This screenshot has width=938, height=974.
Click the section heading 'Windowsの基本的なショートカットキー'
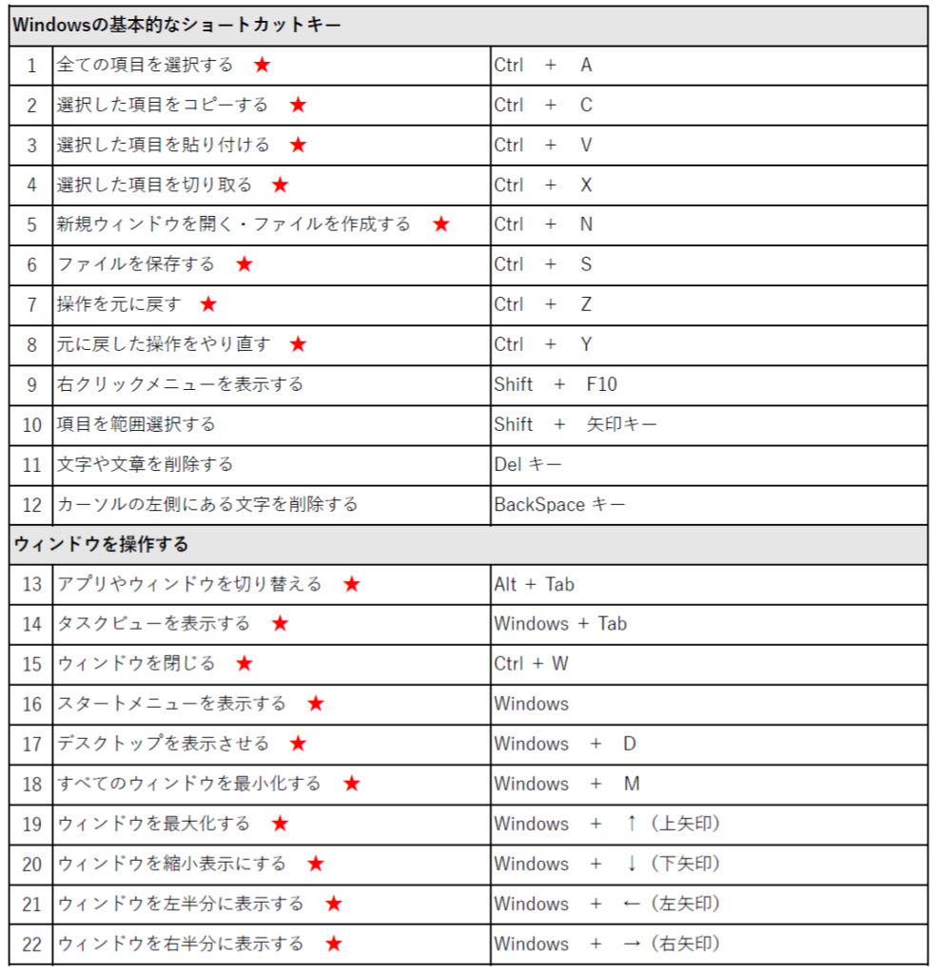coord(176,26)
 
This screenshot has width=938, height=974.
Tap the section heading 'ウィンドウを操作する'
coord(101,545)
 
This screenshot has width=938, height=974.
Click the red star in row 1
coord(262,66)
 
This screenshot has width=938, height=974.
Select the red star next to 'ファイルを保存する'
coord(244,264)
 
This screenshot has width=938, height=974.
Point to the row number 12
coord(32,505)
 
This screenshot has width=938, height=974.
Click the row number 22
coord(32,945)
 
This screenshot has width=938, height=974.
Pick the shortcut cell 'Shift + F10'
coord(556,384)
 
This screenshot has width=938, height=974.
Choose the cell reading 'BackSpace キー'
coord(559,505)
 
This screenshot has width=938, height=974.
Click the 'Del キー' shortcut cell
coord(528,465)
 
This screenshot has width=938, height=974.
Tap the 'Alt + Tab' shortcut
coord(534,585)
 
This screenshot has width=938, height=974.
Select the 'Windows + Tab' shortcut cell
coord(560,625)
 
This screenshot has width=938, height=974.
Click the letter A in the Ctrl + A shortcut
coord(586,66)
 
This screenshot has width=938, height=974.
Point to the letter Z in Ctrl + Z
coord(586,304)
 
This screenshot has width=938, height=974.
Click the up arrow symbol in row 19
coord(631,824)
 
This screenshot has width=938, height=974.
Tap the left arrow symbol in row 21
coord(631,904)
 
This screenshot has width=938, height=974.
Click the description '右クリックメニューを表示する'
coord(180,384)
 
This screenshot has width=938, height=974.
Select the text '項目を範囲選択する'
coord(136,424)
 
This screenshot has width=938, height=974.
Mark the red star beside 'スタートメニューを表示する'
coord(316,704)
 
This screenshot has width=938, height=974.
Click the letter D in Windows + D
coord(630,744)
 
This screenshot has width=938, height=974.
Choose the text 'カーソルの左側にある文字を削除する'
coord(207,505)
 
